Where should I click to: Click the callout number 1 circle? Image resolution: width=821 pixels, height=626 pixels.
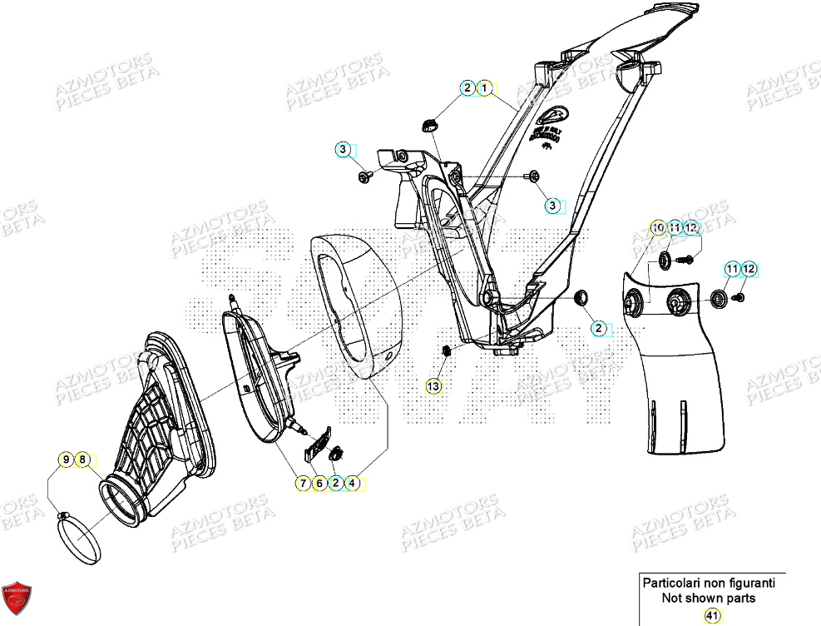[485, 87]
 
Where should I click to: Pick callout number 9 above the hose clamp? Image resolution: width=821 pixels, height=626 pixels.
[65, 459]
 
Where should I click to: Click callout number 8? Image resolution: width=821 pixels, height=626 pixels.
[82, 459]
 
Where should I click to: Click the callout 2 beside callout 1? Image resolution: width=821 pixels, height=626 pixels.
[467, 87]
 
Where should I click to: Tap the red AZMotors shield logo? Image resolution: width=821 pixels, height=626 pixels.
[17, 599]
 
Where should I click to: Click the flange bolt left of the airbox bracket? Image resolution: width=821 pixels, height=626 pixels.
[364, 177]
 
